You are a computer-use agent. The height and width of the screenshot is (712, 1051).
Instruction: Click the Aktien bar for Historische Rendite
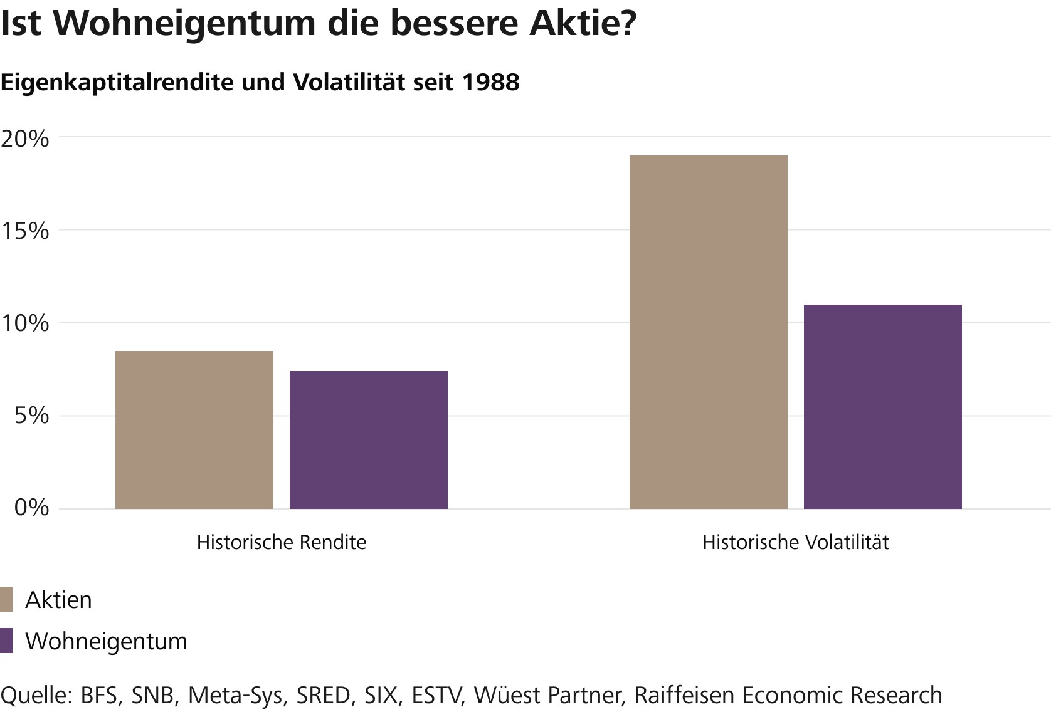coord(194,430)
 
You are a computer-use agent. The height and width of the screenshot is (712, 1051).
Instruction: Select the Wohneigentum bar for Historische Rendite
coord(369,440)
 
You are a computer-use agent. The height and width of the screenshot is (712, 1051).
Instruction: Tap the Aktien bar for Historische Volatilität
coord(708,332)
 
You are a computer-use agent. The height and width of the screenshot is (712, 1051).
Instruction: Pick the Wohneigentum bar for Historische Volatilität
coord(882,407)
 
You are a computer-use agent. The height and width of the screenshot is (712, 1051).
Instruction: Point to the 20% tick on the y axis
coord(24,139)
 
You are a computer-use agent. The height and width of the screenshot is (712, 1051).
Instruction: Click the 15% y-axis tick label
coord(24,231)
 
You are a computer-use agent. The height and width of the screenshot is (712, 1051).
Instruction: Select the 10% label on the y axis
coord(24,323)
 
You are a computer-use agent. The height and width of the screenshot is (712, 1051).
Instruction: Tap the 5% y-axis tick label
coord(32,416)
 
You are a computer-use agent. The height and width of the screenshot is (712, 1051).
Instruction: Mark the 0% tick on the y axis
coord(32,507)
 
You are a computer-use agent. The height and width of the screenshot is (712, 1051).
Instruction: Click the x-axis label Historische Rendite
coord(282,542)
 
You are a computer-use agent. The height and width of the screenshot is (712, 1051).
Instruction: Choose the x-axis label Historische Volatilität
coord(795,542)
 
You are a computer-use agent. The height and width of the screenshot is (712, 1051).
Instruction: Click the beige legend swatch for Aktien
coord(7,600)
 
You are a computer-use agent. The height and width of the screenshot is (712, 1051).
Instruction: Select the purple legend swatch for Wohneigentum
coord(7,641)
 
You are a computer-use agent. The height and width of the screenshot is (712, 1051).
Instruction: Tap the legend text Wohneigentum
coord(106,641)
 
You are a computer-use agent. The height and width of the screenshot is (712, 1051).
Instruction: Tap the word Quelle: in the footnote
coord(36,696)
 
